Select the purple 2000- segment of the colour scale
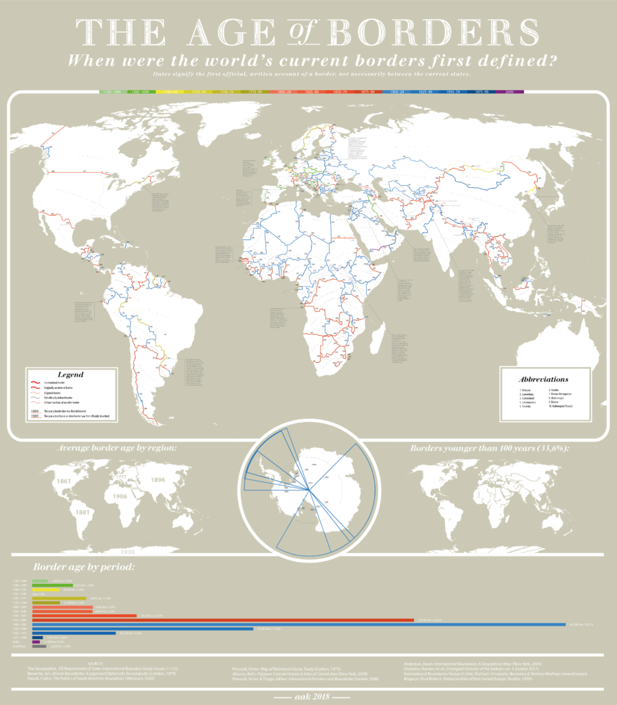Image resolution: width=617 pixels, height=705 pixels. click(510, 91)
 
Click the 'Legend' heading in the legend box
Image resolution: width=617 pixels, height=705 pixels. click(69, 375)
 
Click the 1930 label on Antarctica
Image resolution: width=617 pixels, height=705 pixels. click(126, 551)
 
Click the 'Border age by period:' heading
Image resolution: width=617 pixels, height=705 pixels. click(83, 568)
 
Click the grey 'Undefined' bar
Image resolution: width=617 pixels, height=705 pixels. click(39, 647)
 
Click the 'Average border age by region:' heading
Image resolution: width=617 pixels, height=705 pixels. click(116, 448)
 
